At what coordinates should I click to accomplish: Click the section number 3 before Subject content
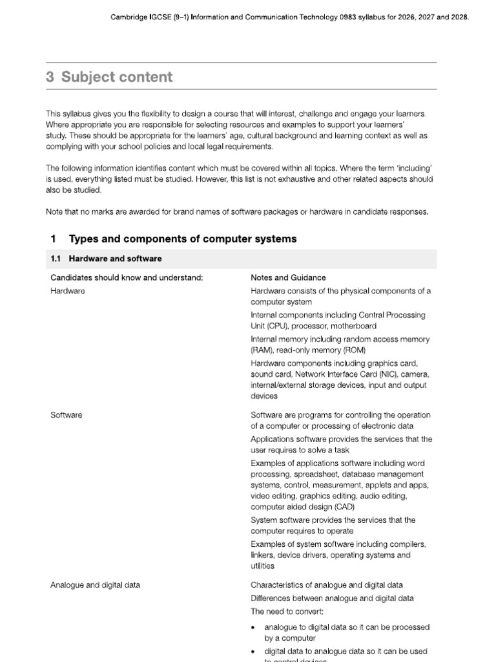[50, 78]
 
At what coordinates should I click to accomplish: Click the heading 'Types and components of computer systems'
[183, 239]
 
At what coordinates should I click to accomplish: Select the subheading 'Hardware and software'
[124, 259]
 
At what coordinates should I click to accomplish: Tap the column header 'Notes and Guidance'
[288, 278]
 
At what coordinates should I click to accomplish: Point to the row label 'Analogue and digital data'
[95, 585]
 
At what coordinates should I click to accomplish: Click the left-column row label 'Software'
[67, 415]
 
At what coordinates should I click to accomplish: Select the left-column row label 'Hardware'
[68, 291]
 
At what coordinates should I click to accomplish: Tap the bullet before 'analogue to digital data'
[254, 627]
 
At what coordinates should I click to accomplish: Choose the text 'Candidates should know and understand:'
[127, 278]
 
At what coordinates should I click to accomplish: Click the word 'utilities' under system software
[263, 566]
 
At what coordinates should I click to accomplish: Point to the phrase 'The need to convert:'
[287, 611]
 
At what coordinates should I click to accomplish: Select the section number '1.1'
[55, 259]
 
